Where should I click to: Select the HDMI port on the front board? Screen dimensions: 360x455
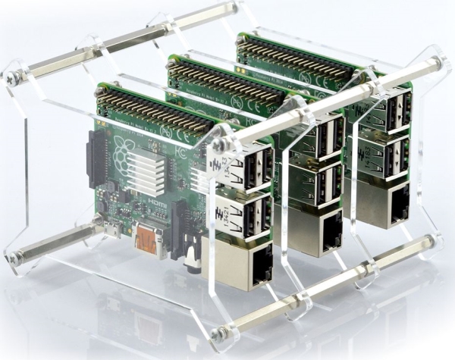(x=149, y=241)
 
